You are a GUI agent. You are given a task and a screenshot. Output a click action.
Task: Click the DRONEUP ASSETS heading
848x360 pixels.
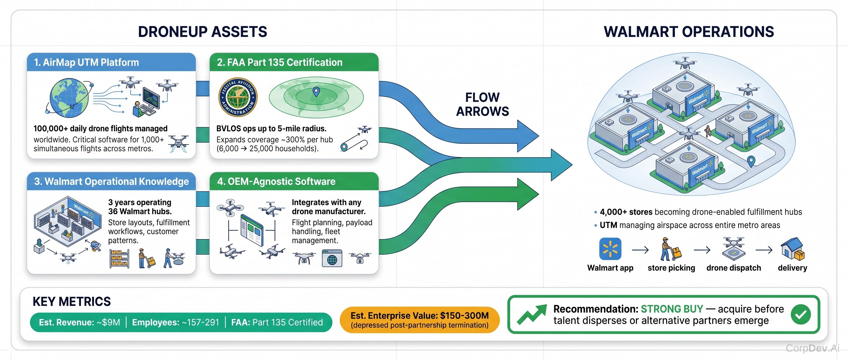tap(202, 32)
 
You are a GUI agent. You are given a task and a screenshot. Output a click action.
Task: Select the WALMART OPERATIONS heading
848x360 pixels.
tap(689, 32)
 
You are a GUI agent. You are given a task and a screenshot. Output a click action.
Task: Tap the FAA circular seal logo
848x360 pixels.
tap(238, 97)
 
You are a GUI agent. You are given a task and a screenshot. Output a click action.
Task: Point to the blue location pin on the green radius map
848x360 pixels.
tap(316, 92)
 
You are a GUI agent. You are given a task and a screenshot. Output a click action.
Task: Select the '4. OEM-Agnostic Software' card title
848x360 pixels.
tap(276, 182)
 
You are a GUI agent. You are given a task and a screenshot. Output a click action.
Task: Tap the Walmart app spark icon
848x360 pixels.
tap(610, 249)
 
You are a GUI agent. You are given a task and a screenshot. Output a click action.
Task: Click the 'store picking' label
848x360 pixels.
tap(671, 268)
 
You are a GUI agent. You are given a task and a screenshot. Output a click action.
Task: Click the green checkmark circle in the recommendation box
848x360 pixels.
tap(801, 314)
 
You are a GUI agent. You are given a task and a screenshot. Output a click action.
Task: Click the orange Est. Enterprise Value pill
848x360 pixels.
tap(420, 320)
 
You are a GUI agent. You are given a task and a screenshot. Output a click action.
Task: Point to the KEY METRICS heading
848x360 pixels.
tap(72, 301)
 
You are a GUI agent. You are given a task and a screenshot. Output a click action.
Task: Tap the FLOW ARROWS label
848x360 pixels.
tap(482, 104)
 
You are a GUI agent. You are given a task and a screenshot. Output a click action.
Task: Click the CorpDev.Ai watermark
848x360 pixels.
tap(812, 348)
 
